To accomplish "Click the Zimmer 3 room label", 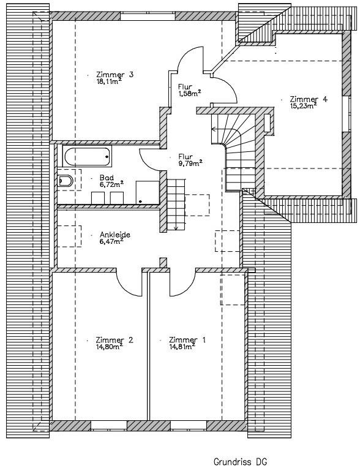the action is [114, 74].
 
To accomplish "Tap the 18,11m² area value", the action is [109, 81].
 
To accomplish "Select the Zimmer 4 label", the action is [309, 99].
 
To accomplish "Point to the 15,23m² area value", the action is [303, 105].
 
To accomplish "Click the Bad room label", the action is [107, 178].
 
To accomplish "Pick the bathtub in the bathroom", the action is [87, 156].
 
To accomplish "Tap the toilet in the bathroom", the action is [66, 181].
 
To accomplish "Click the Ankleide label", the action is [115, 235].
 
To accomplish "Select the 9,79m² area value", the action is [190, 164].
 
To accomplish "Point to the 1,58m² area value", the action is [190, 94].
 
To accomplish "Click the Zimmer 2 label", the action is [114, 340].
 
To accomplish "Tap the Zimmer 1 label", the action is [187, 340].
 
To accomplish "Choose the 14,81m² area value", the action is [182, 347].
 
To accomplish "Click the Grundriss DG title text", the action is [240, 462].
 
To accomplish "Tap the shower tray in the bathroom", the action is [148, 192].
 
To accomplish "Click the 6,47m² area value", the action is [111, 241].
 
